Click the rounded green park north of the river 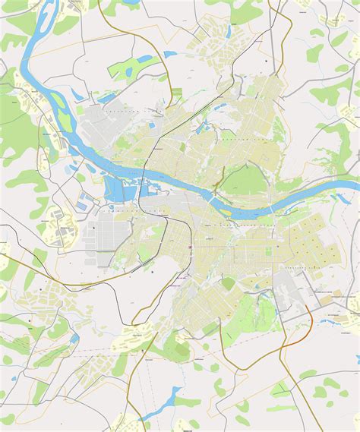242,180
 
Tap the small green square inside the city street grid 229,283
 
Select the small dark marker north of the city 266,58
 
